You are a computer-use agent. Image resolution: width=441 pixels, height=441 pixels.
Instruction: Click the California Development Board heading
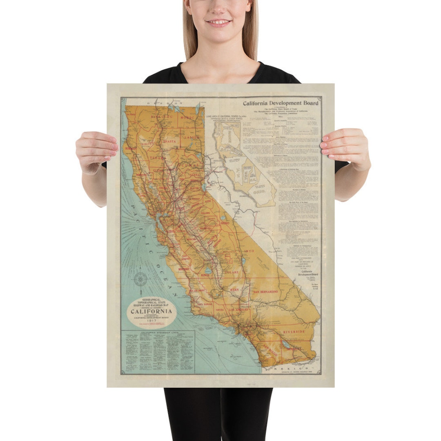point(281,103)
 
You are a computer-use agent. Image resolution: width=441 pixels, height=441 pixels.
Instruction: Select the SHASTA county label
point(169,141)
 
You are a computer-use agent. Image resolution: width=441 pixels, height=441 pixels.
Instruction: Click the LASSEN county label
point(192,138)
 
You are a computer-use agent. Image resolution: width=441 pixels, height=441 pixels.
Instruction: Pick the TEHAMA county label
point(157,156)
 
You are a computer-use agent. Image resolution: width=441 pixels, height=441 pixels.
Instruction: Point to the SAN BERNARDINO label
point(266,292)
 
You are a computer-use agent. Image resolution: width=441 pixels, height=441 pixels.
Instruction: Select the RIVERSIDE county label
point(294,332)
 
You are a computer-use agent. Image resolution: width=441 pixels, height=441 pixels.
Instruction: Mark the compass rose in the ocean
point(140,279)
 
